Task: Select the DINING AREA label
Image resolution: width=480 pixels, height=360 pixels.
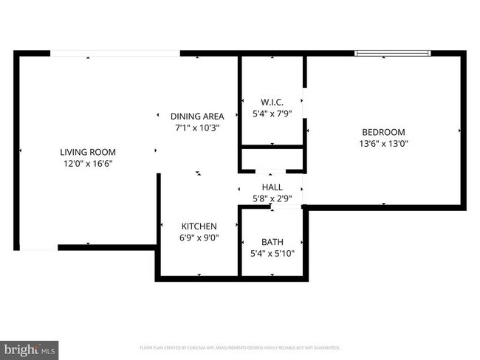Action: (x=197, y=116)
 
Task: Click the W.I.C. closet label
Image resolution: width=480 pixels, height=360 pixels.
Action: (x=272, y=102)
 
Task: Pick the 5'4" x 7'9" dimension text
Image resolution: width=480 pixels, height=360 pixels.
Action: (x=272, y=114)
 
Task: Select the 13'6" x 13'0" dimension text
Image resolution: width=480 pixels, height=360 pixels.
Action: (x=383, y=144)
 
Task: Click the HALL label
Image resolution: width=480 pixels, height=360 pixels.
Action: (x=272, y=187)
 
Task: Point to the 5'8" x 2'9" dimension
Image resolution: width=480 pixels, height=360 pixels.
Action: (x=272, y=198)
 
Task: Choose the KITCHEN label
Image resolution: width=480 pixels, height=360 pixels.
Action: (x=199, y=226)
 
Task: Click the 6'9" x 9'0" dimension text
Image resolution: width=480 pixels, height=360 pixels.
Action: (x=199, y=238)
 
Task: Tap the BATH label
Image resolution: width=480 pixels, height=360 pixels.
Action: (x=272, y=242)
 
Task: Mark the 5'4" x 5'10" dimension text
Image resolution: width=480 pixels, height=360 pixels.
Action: (x=272, y=254)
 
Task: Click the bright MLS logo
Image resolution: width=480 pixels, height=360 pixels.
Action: (x=30, y=348)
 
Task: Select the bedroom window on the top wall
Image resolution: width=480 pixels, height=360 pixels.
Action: (x=393, y=53)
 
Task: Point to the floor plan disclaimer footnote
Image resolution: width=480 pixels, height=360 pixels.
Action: (x=240, y=347)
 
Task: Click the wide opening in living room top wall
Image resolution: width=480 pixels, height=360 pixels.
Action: (x=115, y=53)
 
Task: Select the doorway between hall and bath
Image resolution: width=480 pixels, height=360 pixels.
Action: (x=272, y=207)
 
